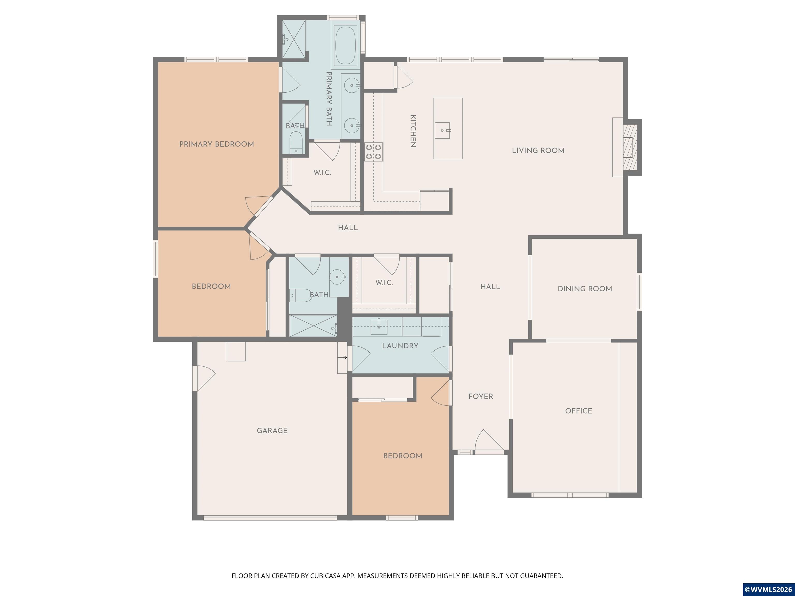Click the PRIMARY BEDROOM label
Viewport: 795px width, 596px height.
tap(216, 144)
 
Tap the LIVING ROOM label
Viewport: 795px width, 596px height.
tap(538, 151)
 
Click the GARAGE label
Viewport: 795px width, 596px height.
tap(272, 430)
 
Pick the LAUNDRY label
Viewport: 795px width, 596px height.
tap(400, 346)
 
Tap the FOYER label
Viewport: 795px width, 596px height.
tap(481, 396)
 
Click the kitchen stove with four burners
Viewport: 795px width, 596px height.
tap(373, 152)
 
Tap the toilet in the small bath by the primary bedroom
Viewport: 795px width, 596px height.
tap(296, 142)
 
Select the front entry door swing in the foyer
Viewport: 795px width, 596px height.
tap(489, 440)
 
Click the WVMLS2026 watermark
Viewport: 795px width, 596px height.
tap(768, 589)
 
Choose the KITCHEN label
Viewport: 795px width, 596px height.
tap(413, 131)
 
